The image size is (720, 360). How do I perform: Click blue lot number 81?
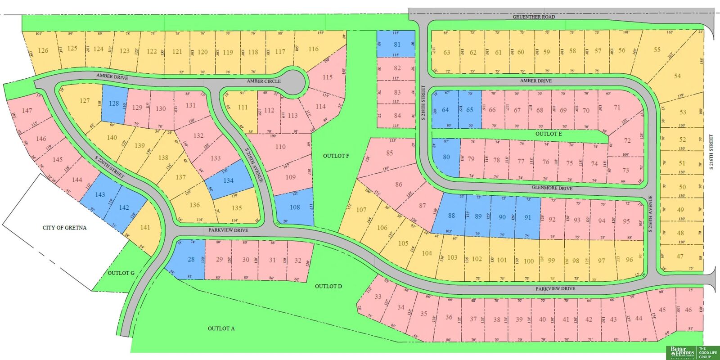pyautogui.click(x=396, y=44)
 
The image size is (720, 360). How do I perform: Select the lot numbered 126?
pyautogui.click(x=43, y=50)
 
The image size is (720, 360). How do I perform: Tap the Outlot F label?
pyautogui.click(x=336, y=156)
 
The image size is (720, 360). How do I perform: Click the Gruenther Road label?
pyautogui.click(x=534, y=17)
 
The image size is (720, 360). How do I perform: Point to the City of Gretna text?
pyautogui.click(x=64, y=228)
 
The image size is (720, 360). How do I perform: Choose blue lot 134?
pyautogui.click(x=228, y=180)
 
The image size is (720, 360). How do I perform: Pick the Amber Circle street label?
pyautogui.click(x=263, y=81)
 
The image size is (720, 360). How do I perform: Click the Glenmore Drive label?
pyautogui.click(x=552, y=188)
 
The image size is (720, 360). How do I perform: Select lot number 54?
pyautogui.click(x=677, y=76)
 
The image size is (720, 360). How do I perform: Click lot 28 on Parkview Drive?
pyautogui.click(x=191, y=260)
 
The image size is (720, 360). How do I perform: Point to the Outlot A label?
pyautogui.click(x=221, y=328)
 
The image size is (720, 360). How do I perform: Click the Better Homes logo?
pyautogui.click(x=680, y=352)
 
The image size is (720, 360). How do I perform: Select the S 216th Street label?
pyautogui.click(x=711, y=152)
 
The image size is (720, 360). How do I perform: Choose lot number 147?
pyautogui.click(x=27, y=110)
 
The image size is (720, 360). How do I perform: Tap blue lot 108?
pyautogui.click(x=295, y=207)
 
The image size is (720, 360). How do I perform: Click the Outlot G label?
pyautogui.click(x=121, y=273)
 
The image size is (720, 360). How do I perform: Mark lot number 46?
pyautogui.click(x=688, y=310)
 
